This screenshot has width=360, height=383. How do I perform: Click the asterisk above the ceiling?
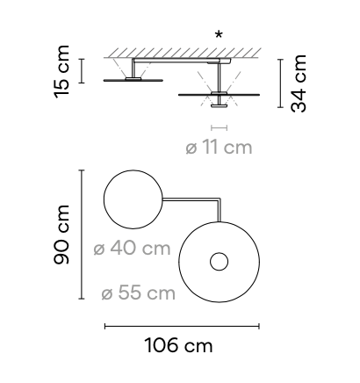click(x=218, y=35)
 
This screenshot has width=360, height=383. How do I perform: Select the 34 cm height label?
click(x=300, y=83)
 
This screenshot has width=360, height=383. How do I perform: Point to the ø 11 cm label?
click(x=219, y=147)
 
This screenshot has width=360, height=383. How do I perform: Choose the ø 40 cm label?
click(x=132, y=249)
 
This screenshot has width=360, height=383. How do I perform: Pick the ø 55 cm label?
click(x=138, y=293)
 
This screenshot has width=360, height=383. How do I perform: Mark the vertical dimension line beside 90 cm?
click(x=82, y=235)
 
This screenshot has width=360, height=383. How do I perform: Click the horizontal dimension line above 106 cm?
click(x=181, y=326)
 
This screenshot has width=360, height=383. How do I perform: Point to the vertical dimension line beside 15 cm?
click(x=82, y=70)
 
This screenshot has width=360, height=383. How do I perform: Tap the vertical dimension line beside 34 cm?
click(x=279, y=84)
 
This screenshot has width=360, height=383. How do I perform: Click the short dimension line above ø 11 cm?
click(x=219, y=127)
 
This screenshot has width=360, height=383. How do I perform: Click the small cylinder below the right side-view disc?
click(x=218, y=106)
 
